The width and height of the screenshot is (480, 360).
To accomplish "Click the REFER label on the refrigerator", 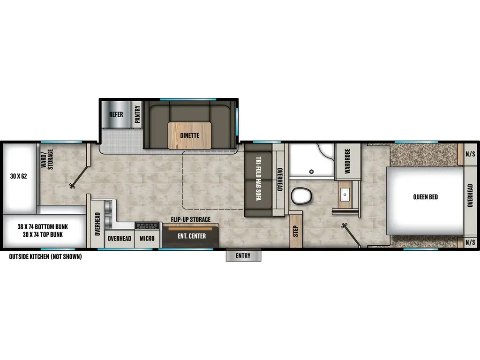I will (116, 114).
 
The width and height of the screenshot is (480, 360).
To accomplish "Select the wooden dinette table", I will (189, 135).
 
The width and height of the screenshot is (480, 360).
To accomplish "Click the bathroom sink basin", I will (345, 193).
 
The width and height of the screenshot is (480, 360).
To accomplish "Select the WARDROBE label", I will (348, 162).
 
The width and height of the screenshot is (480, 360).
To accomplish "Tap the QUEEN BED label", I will (425, 197).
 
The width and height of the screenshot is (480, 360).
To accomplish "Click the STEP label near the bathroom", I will (295, 231).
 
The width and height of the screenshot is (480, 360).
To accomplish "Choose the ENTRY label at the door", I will (243, 256).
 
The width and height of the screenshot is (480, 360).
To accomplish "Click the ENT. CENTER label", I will (191, 236).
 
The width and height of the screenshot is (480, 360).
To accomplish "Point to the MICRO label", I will (147, 238).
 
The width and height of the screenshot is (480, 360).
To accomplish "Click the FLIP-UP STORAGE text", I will (190, 219).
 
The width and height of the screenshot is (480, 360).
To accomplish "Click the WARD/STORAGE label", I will (46, 159).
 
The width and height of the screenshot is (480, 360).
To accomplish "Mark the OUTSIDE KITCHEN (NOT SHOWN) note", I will (45, 256).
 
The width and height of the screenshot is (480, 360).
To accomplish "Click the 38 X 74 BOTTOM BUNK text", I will (43, 226).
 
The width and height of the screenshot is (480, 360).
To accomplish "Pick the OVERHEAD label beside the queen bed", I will (470, 195).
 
